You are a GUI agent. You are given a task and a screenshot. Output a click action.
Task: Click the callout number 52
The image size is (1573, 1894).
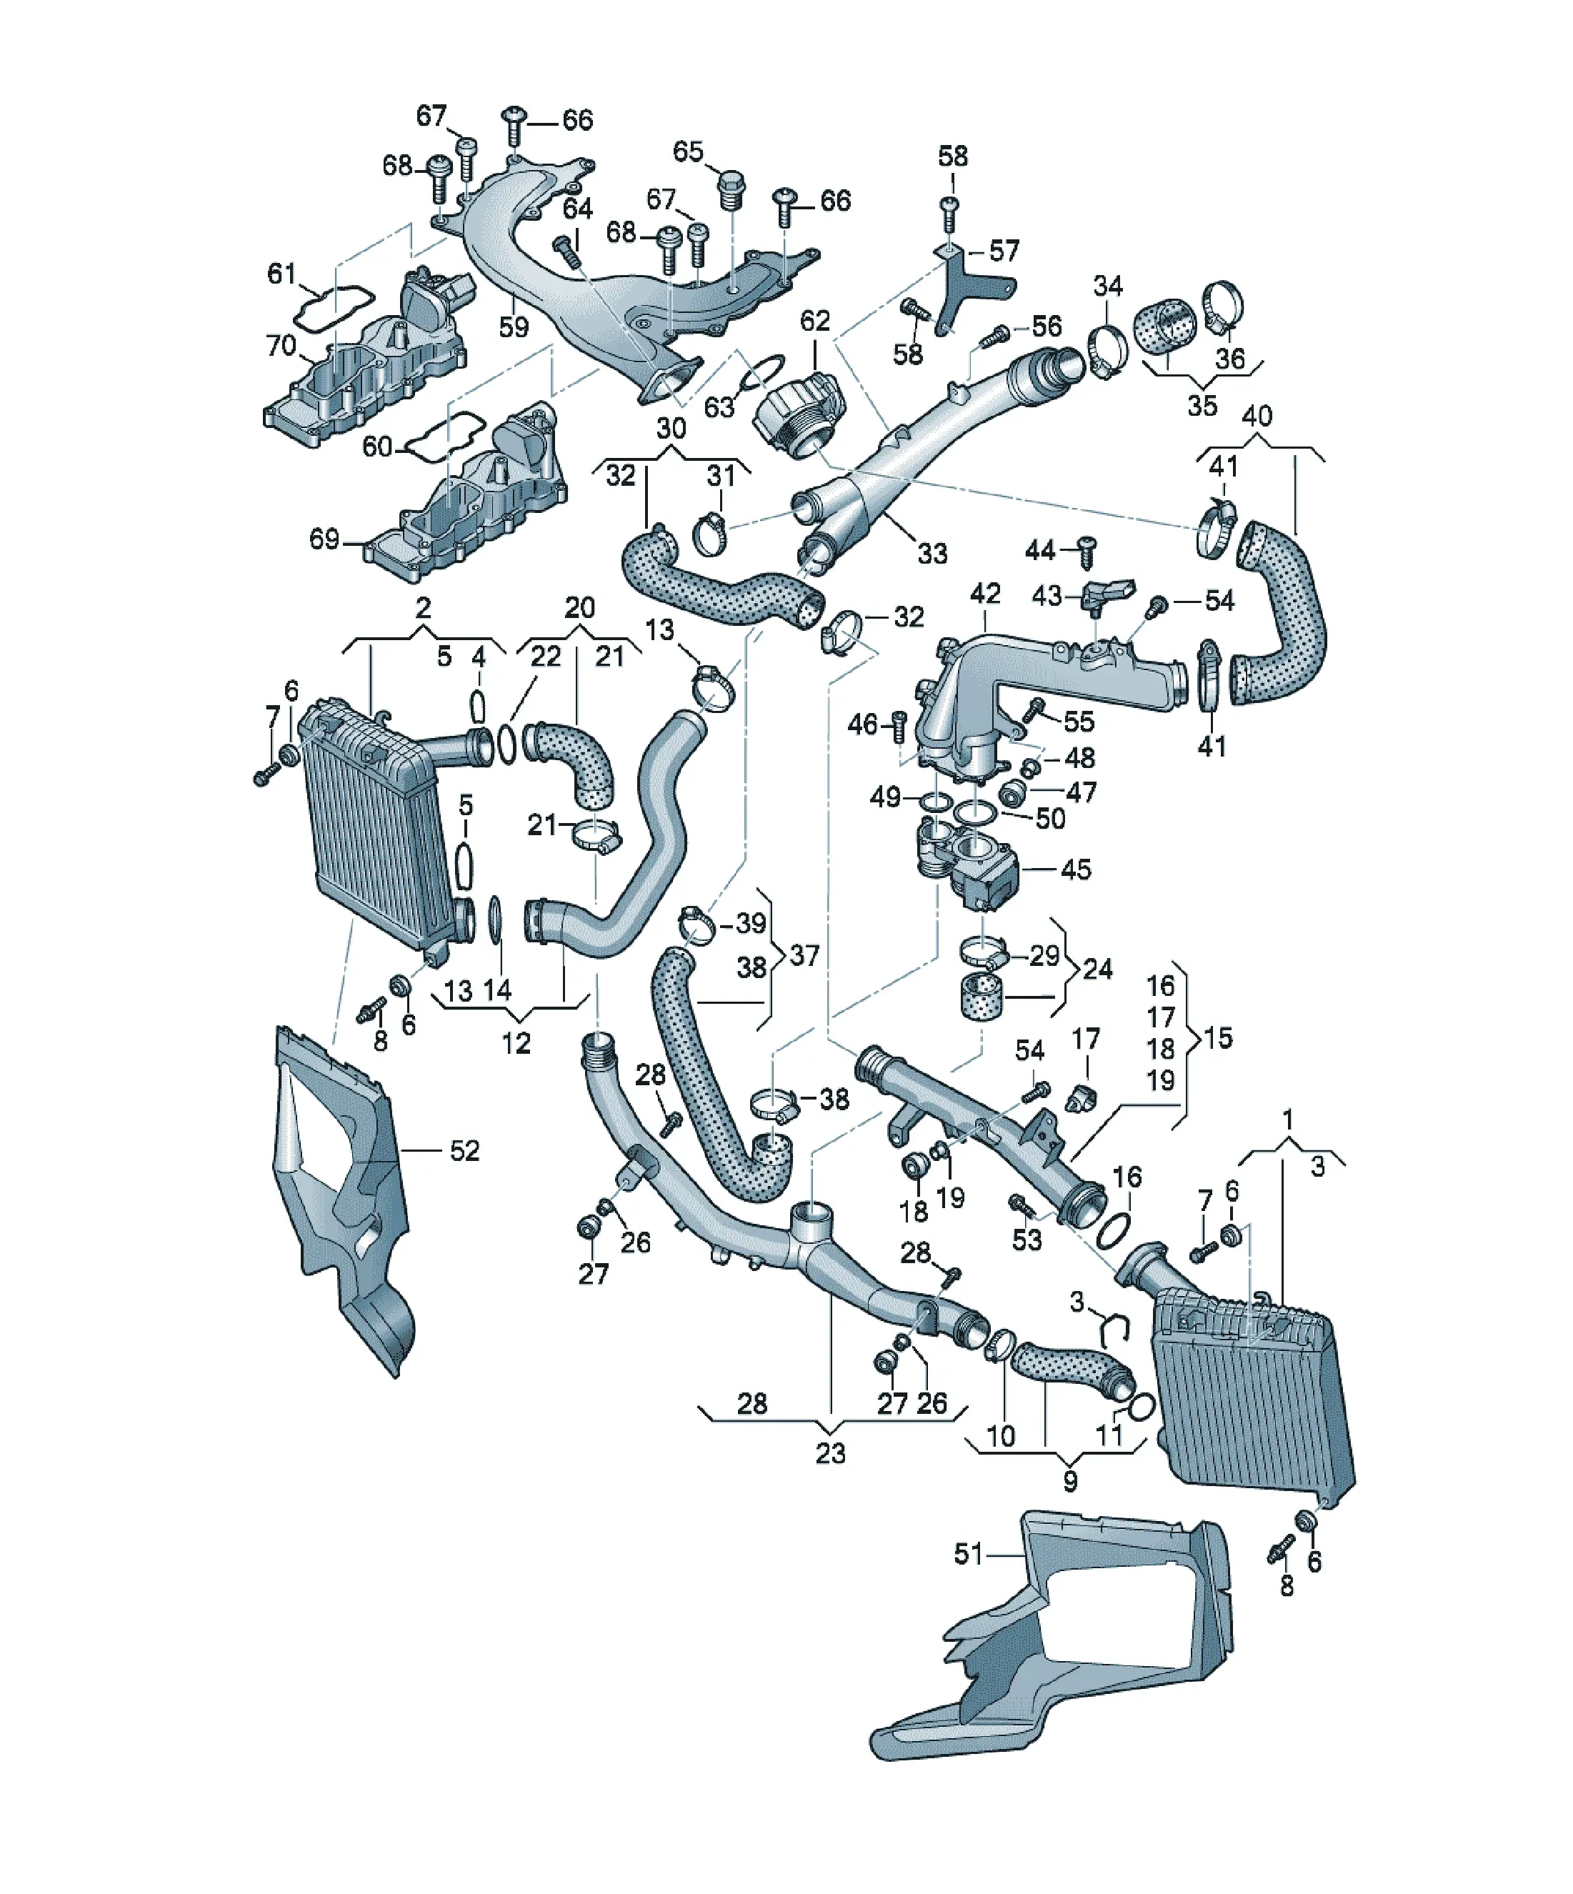pos(464,1151)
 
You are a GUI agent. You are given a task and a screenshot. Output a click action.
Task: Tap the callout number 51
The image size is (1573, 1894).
pos(968,1554)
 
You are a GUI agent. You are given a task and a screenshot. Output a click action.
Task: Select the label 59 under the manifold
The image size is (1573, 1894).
pos(514,327)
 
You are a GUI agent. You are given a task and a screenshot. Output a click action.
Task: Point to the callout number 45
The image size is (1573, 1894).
pos(1075,869)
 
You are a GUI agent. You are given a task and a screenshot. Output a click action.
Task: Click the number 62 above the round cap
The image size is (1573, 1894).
pos(814,320)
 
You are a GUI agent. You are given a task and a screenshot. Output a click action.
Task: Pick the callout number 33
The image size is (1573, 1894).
pos(933,553)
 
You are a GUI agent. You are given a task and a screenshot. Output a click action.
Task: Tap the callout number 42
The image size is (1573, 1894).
pos(986,594)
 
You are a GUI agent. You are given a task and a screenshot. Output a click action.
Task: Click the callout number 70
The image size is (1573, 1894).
pos(281,345)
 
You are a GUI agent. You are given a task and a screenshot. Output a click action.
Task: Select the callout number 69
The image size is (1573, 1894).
pos(325,539)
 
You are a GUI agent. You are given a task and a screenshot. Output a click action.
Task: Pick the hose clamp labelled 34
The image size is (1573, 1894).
pos(1109,351)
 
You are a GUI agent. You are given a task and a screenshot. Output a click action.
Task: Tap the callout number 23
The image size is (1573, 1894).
pos(831,1453)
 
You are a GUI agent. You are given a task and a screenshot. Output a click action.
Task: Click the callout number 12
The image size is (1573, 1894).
pos(516,1044)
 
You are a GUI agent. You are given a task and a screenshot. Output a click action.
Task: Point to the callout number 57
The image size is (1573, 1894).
pos(1004,251)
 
